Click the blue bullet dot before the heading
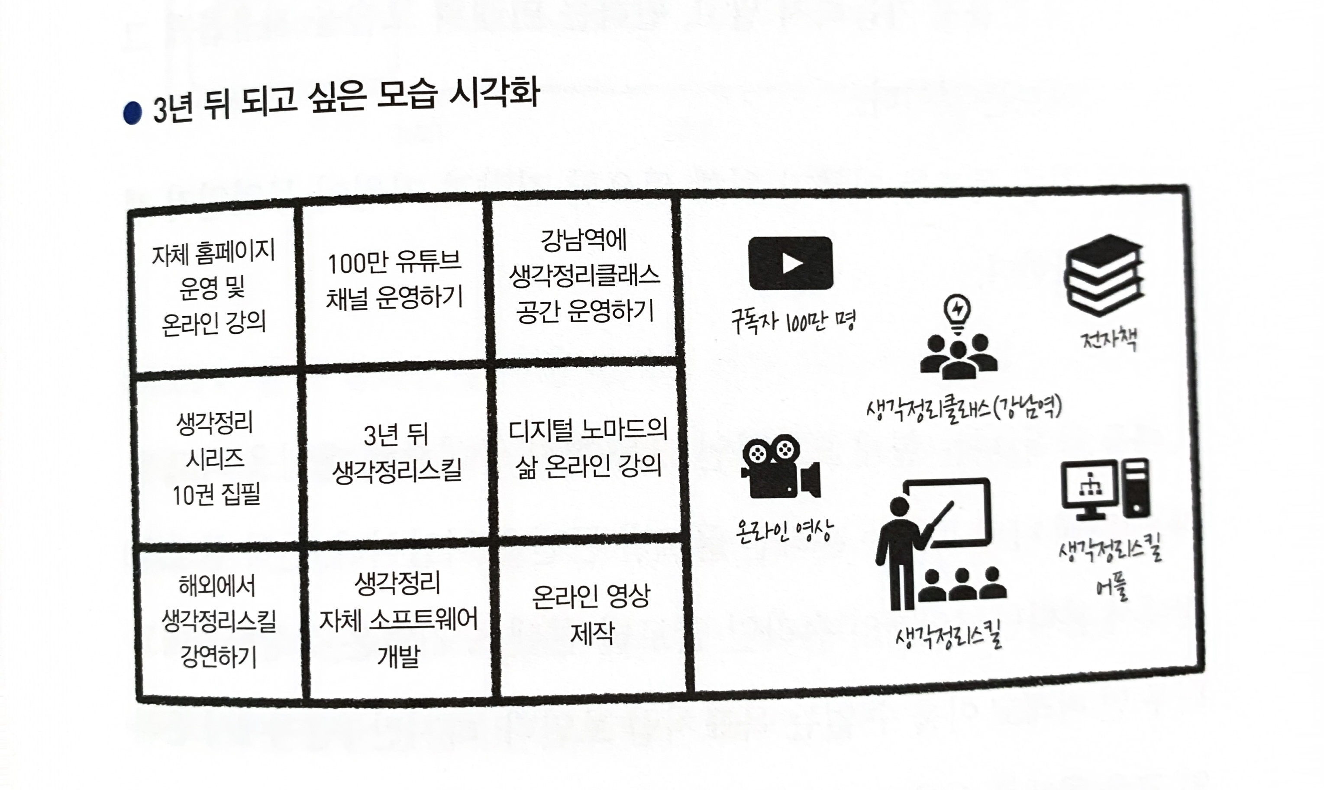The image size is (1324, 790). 132,113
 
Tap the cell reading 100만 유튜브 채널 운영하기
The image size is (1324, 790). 394,281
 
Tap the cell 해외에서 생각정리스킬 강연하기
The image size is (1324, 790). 218,621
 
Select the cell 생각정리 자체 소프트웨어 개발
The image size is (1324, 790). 398,620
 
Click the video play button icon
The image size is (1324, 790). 791,263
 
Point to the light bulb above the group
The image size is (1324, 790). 957,311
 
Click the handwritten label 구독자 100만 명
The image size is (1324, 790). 793,321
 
